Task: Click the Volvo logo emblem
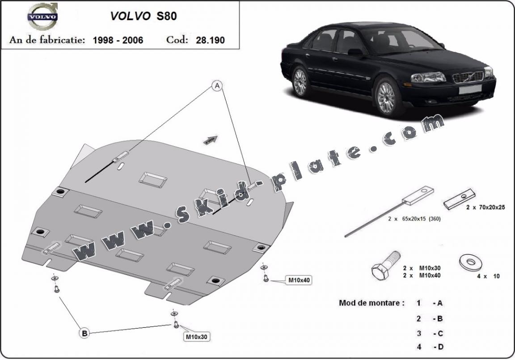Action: [x=43, y=17]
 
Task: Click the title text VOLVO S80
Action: [x=144, y=16]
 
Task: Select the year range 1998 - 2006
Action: [x=118, y=40]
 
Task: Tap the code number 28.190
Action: [x=210, y=40]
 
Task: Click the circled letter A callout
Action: [x=218, y=86]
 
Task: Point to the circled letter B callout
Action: [x=84, y=332]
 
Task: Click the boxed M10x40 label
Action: [x=299, y=280]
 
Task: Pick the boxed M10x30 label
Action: [x=197, y=336]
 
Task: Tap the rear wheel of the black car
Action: [x=300, y=81]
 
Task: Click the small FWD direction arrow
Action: [x=211, y=140]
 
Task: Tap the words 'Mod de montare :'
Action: [x=371, y=303]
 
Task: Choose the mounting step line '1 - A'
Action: [x=429, y=303]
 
